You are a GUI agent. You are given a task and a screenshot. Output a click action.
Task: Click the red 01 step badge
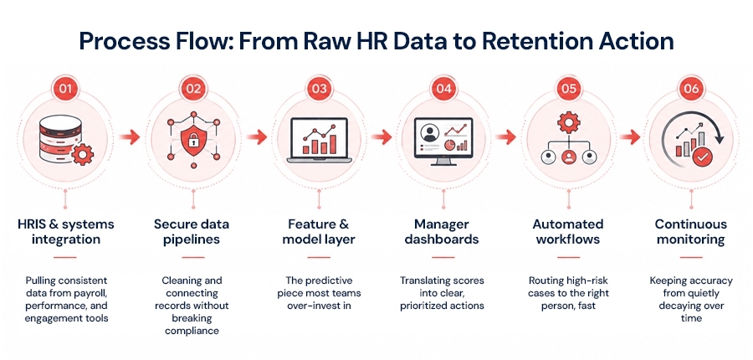point(66,89)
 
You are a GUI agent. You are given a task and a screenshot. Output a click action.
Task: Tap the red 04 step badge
point(443,89)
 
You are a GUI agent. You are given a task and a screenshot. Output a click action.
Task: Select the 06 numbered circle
point(691,89)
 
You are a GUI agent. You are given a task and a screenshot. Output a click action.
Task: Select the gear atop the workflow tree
point(569,123)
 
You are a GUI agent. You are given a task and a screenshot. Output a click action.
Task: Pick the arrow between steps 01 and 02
point(129,138)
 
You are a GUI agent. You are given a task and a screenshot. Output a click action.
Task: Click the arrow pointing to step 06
point(629,138)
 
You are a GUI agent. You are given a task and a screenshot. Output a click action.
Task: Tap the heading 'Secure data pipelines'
point(192,232)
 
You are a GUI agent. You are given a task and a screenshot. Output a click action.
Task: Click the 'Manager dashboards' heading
point(442,232)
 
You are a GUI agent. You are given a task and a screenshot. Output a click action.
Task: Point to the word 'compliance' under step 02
point(192,331)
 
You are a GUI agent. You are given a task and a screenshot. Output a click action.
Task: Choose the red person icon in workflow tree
point(569,157)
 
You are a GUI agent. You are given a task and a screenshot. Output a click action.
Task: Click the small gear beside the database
point(82,155)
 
